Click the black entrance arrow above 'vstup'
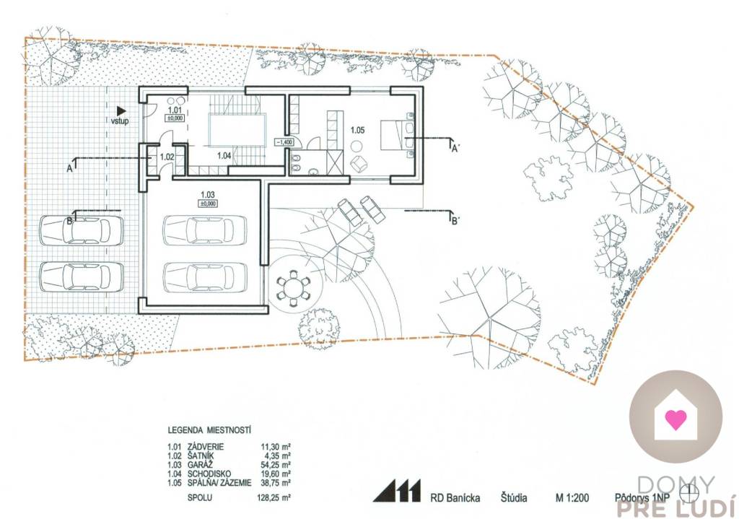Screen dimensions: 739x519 [121, 110]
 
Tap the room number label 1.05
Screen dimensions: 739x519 [357, 130]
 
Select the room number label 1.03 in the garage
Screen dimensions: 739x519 [208, 193]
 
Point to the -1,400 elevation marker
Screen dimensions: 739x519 [284, 142]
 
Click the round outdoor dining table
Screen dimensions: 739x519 [293, 286]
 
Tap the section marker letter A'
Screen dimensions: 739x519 [455, 150]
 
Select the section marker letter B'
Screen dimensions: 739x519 [455, 221]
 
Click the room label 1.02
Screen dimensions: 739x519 [167, 157]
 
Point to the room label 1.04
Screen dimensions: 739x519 [224, 156]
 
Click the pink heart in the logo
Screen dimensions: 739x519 [675, 419]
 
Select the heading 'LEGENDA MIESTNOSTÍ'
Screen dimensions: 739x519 [209, 430]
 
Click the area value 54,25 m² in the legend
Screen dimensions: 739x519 [276, 464]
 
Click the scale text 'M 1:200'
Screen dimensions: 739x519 [572, 498]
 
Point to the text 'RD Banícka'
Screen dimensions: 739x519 [455, 498]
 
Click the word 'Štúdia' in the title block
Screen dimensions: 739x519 [514, 497]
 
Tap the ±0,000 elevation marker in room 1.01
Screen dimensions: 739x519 [175, 119]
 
